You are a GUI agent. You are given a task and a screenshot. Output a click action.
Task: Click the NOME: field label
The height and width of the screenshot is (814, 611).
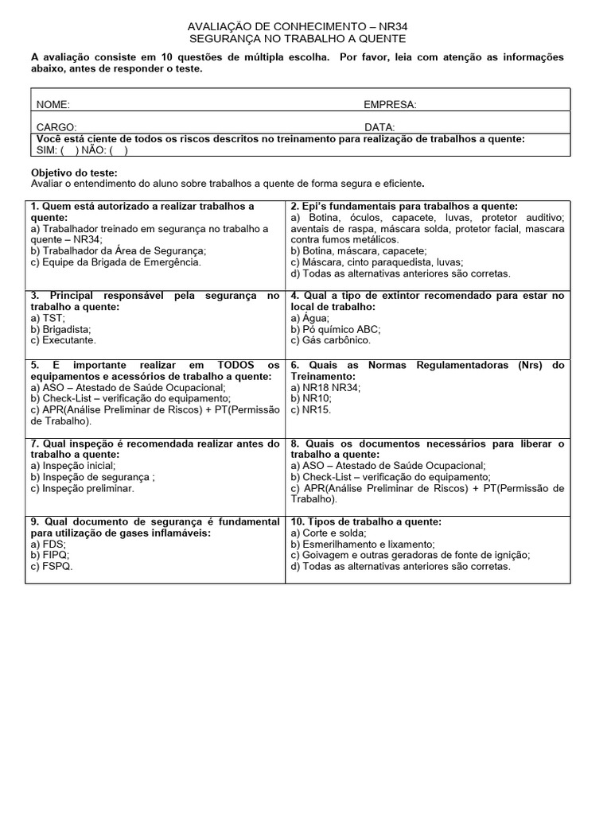click(53, 105)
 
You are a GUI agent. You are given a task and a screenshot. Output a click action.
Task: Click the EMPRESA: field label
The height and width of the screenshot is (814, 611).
click(390, 105)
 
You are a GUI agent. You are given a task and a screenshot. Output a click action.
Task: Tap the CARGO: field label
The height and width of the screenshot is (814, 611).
click(56, 127)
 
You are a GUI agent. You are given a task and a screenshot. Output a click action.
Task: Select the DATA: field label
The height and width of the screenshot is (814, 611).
click(379, 127)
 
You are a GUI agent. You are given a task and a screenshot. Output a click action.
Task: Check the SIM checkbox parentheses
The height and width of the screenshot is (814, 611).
click(69, 149)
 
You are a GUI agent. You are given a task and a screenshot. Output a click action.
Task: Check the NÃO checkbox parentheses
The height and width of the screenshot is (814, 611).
click(119, 149)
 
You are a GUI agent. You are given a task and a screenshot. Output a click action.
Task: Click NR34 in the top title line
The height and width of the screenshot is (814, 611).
click(393, 26)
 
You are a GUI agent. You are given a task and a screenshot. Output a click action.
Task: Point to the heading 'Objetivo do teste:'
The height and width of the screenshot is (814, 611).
click(74, 172)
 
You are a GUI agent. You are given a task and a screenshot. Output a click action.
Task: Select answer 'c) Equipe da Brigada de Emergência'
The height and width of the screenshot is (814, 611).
click(116, 262)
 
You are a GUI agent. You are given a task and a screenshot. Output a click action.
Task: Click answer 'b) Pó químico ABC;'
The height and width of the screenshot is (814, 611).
click(336, 328)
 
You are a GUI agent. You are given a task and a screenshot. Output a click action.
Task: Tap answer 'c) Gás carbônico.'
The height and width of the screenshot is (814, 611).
click(330, 339)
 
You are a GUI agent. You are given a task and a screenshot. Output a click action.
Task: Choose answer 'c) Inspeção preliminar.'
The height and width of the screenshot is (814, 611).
click(83, 488)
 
